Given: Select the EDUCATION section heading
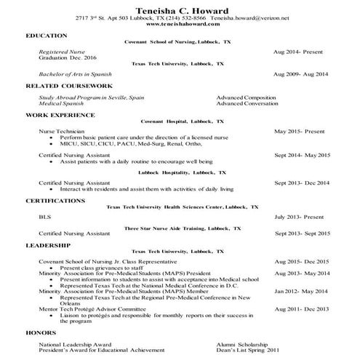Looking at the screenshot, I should tap(47, 35).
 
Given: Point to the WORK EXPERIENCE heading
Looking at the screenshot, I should tap(60, 114).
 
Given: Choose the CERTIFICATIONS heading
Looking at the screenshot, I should tap(55, 200).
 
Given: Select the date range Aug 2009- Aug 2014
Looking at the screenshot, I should tap(301, 73).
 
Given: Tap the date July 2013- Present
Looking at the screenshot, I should tap(301, 217).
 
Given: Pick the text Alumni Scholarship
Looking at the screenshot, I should tap(240, 343).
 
